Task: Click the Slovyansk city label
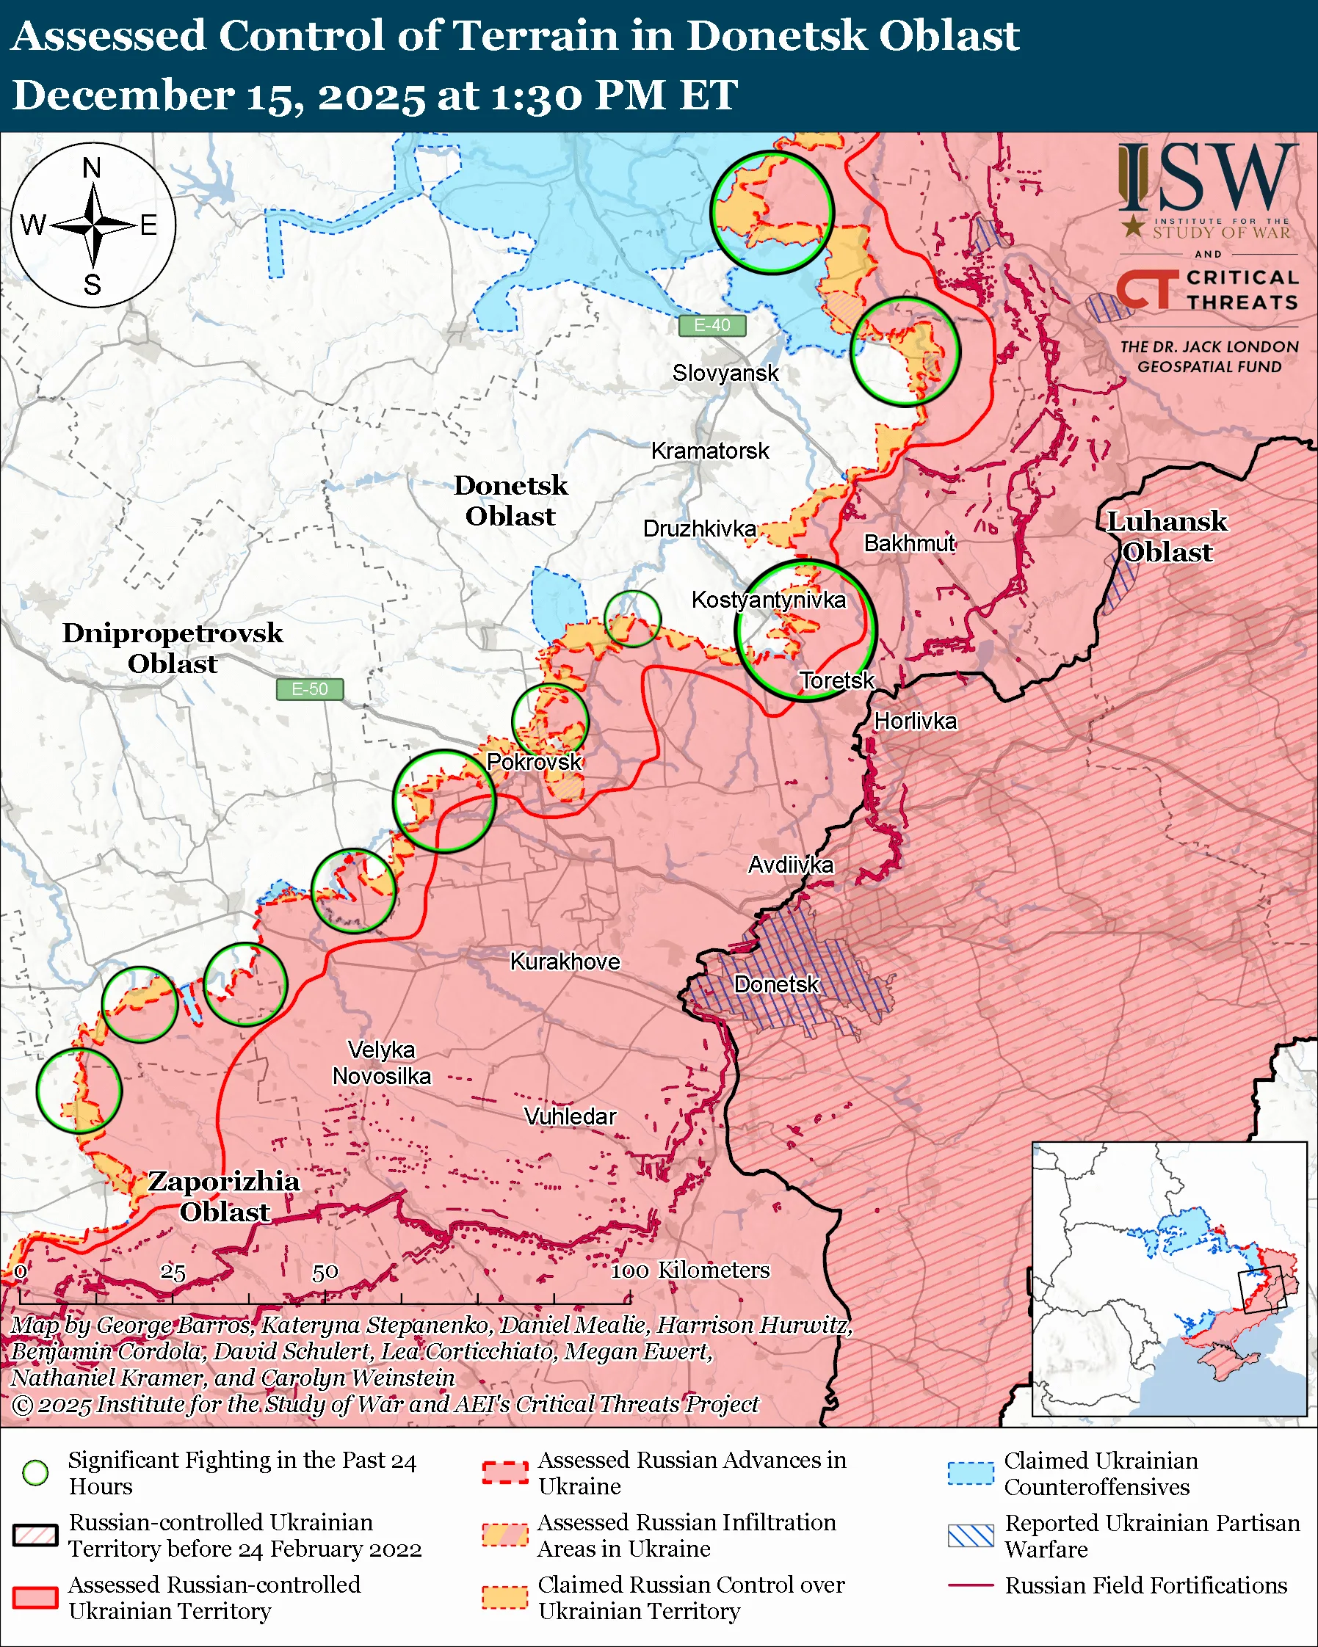click(725, 374)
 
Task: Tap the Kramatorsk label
click(710, 451)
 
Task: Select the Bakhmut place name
click(909, 544)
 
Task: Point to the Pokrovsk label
click(534, 763)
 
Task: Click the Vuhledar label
click(570, 1117)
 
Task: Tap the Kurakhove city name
click(565, 961)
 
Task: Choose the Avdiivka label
click(790, 865)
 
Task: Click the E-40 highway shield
click(712, 325)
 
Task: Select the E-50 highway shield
click(309, 690)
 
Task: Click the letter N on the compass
click(92, 168)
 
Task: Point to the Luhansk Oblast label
click(1167, 537)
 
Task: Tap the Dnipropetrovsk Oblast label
click(173, 649)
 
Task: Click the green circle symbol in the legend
click(35, 1473)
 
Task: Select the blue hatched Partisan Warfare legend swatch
click(971, 1535)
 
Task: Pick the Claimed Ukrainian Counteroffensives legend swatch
click(971, 1473)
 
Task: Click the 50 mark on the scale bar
click(325, 1273)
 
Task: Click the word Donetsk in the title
click(775, 36)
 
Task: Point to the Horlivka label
click(915, 721)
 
